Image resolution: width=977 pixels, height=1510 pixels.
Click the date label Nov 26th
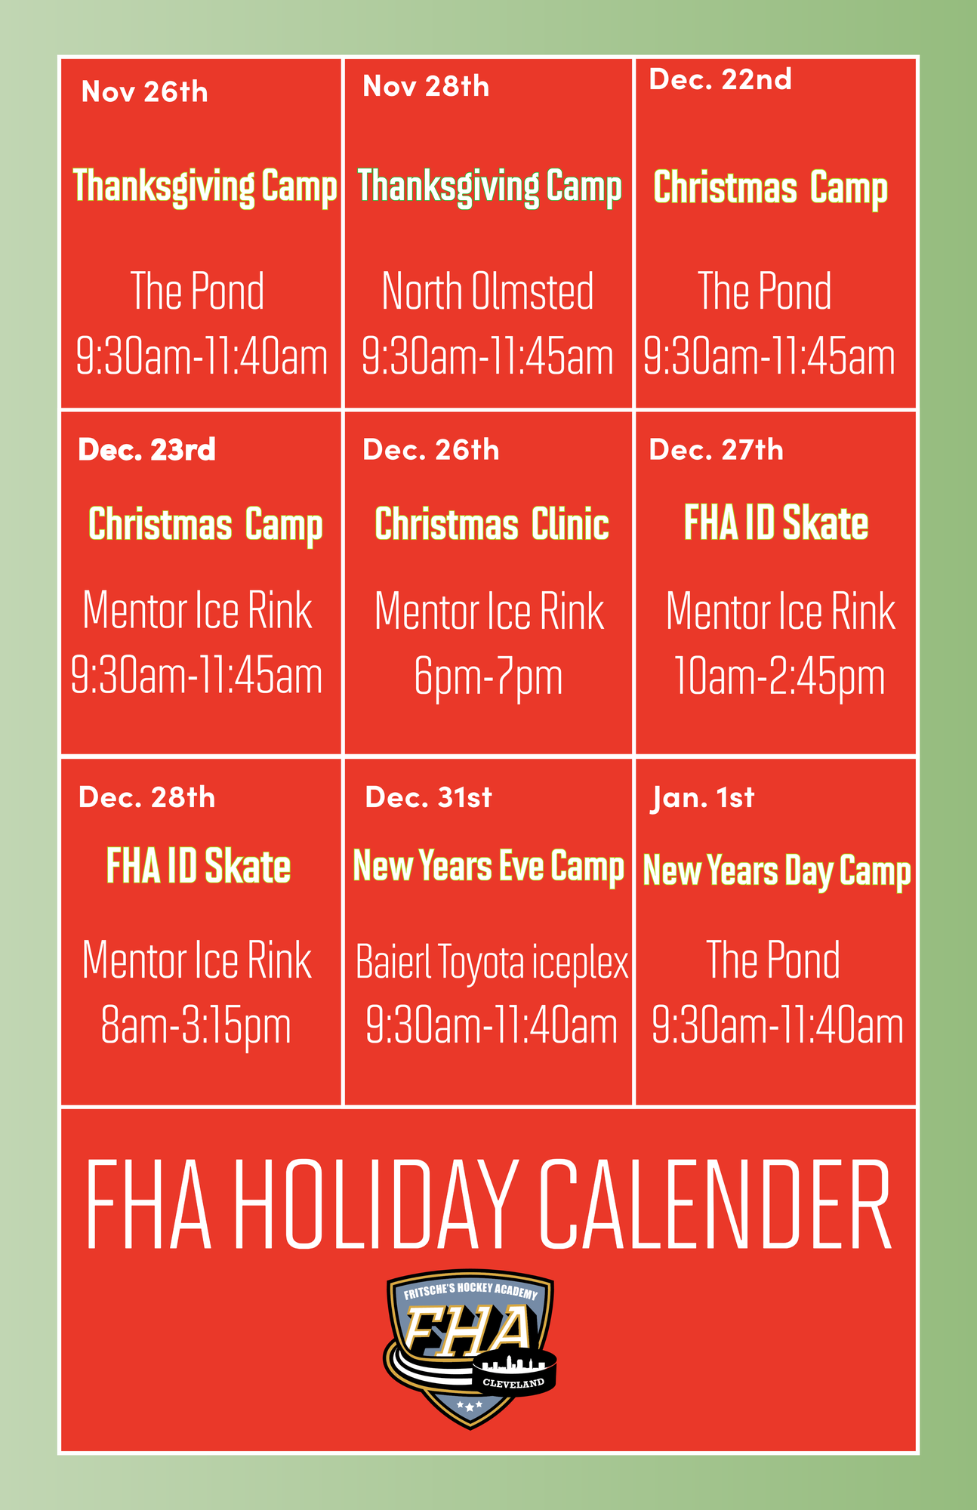(x=144, y=92)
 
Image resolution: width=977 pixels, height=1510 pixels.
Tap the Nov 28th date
(x=426, y=86)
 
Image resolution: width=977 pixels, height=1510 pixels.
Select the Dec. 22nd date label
(x=720, y=79)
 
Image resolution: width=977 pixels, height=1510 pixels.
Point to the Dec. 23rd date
(x=146, y=450)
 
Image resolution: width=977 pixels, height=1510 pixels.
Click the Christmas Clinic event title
(x=492, y=524)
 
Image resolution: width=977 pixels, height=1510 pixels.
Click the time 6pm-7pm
(x=488, y=678)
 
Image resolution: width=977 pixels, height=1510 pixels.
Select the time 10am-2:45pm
(x=778, y=677)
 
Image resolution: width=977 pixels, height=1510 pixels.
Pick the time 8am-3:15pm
(x=196, y=1027)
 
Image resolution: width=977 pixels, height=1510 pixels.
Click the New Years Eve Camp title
(x=488, y=867)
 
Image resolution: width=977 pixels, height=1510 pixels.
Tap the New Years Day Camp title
(x=777, y=871)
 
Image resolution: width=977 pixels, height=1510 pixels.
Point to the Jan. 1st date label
(x=702, y=798)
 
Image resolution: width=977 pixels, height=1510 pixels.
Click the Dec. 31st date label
(x=428, y=797)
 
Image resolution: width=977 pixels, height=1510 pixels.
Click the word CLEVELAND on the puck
(x=513, y=1383)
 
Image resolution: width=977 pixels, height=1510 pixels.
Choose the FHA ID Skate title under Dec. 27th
(x=776, y=523)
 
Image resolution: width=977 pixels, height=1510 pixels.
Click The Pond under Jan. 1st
(x=772, y=960)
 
